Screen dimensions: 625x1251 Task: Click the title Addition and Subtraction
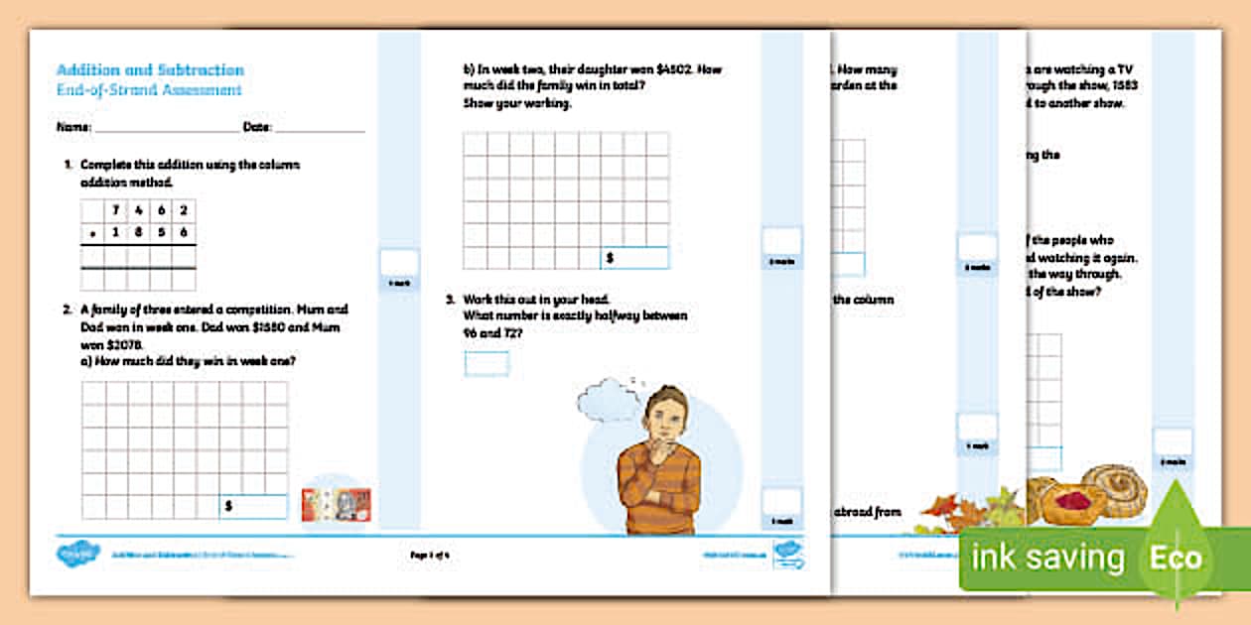pyautogui.click(x=150, y=70)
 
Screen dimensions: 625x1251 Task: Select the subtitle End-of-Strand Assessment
pyautogui.click(x=149, y=90)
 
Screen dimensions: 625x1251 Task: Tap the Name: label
pyautogui.click(x=74, y=128)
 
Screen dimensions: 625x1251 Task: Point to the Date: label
pyautogui.click(x=257, y=128)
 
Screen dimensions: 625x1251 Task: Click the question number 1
pyautogui.click(x=67, y=165)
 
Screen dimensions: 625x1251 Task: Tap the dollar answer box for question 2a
pyautogui.click(x=253, y=506)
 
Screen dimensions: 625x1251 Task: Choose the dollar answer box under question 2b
pyautogui.click(x=634, y=258)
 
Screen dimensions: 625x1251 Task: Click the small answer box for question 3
pyautogui.click(x=486, y=364)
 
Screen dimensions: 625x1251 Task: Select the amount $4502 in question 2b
pyautogui.click(x=671, y=70)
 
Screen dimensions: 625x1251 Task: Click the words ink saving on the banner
pyautogui.click(x=1047, y=557)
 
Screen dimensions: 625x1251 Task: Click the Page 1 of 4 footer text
pyautogui.click(x=430, y=556)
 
